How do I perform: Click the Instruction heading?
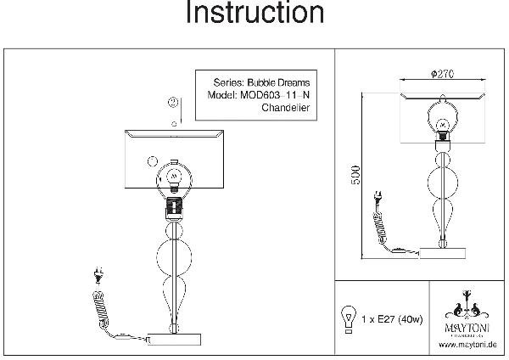point(255,14)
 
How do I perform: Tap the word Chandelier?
point(286,110)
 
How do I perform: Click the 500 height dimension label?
point(357,173)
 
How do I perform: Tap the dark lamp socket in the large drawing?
point(174,207)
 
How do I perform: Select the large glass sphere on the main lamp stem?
point(174,256)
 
